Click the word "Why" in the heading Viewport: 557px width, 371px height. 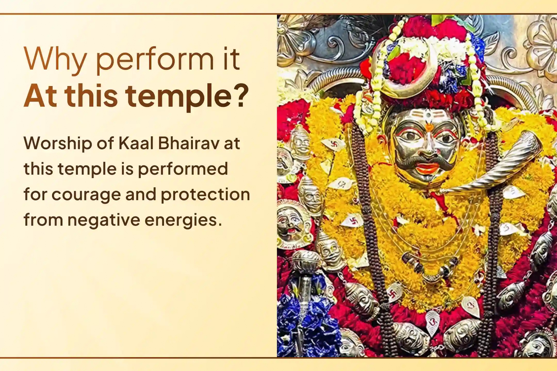[55, 60]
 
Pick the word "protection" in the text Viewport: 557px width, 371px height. [206, 195]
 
